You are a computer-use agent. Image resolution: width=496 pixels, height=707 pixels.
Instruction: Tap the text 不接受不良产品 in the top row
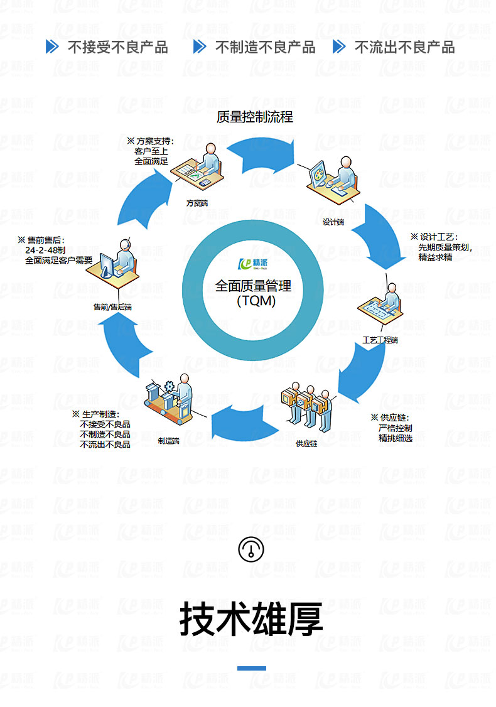pos(118,47)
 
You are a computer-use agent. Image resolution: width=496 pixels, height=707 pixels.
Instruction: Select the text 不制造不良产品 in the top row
pos(265,47)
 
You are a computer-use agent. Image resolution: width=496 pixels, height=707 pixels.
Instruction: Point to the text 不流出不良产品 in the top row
pos(404,47)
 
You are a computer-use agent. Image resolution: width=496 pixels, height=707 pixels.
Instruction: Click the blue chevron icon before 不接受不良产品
pos(53,46)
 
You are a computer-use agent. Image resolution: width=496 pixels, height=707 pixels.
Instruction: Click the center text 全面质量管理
pos(253,286)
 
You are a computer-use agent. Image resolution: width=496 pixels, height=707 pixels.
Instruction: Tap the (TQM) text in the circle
pos(256,301)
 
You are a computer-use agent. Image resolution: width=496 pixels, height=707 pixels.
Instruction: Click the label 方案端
pos(197,203)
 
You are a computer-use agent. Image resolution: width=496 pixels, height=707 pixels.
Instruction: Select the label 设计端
pos(333,222)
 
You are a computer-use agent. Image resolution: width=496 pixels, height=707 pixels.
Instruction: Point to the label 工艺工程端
pos(380,340)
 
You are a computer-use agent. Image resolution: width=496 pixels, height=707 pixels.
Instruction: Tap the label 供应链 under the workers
pos(306,443)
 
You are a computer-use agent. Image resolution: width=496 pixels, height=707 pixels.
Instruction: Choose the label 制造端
pos(168,441)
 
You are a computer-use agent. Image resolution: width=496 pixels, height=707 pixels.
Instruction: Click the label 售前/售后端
pos(112,306)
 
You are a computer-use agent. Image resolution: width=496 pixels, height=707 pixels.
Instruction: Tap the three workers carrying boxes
pos(306,405)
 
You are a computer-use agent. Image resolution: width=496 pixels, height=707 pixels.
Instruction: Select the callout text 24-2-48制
pos(46,250)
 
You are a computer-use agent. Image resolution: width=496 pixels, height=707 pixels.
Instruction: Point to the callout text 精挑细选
pos(396,438)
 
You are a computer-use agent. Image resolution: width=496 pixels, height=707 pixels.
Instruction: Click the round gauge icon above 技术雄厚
pos(251,549)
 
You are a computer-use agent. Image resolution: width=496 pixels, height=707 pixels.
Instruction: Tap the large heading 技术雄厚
pos(252,618)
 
